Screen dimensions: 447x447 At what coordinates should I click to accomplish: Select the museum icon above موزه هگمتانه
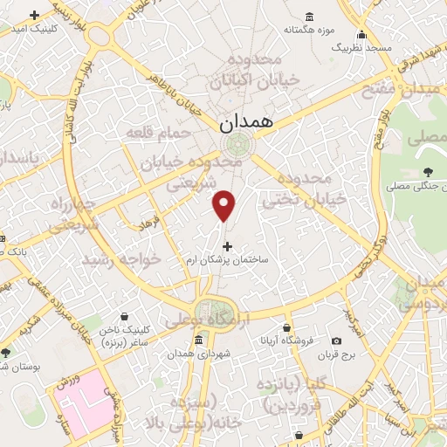coord(310,17)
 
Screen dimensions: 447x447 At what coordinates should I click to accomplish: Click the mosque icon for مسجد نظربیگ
coord(361,36)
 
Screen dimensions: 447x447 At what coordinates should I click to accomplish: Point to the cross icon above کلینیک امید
coord(34,16)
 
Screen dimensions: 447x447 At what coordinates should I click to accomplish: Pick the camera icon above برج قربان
coord(336,340)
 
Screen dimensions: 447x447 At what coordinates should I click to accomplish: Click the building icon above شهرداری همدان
coord(199,340)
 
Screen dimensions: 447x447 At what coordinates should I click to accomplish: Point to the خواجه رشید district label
coord(122,259)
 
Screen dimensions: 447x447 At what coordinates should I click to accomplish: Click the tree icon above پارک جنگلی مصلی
coord(427,172)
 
